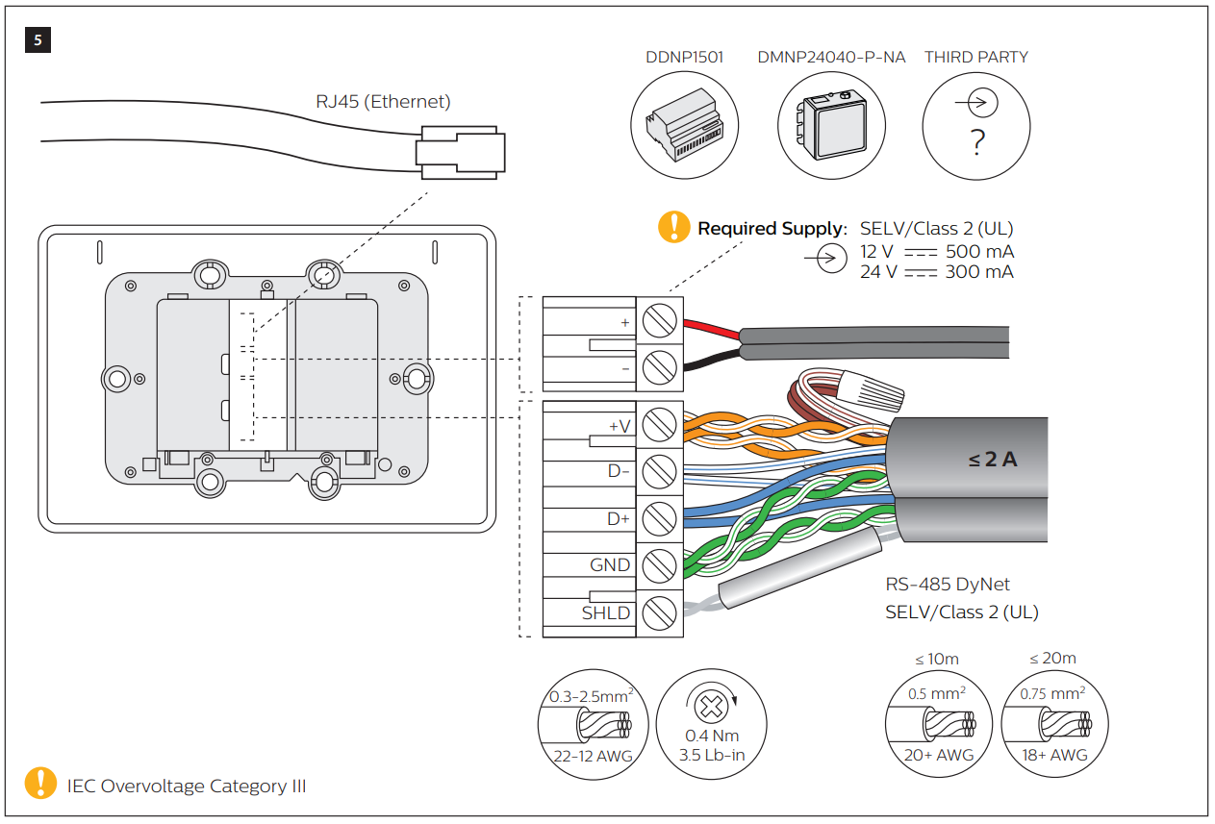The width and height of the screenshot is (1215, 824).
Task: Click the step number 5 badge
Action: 38,39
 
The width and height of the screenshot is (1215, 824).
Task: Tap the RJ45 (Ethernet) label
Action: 383,101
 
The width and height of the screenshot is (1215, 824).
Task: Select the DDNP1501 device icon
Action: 684,125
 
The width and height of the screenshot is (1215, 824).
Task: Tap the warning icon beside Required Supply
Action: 673,227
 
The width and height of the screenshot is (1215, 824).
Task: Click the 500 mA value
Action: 979,252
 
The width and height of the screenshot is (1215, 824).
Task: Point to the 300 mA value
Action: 979,272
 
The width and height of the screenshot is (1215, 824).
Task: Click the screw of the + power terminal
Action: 658,321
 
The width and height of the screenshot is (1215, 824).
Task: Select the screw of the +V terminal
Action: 658,424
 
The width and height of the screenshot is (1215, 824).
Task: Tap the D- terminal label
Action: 619,471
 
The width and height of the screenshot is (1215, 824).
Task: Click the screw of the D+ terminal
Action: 658,518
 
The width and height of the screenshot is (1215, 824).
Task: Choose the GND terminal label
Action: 610,565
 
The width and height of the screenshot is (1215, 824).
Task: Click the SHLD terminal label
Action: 606,612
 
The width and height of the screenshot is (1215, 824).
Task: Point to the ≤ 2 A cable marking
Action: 992,460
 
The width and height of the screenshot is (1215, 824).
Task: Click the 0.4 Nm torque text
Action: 711,737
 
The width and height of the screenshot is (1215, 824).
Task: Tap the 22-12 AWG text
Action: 593,756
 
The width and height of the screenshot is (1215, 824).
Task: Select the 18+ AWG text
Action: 1054,755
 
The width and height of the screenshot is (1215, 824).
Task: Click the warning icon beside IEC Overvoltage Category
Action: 40,784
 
